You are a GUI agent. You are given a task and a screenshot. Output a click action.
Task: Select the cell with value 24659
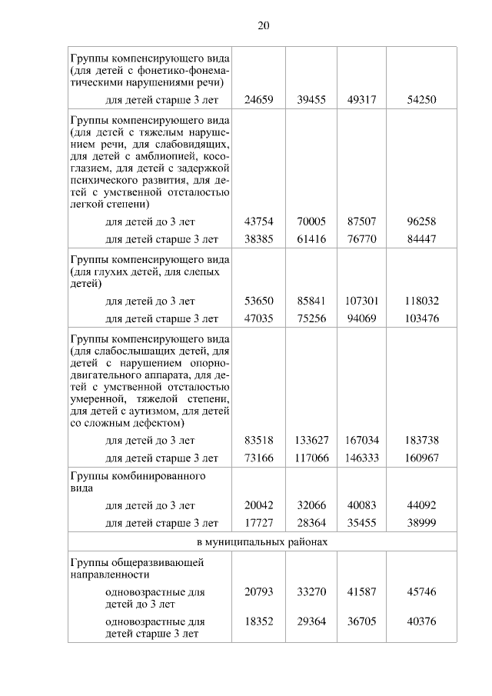(x=258, y=99)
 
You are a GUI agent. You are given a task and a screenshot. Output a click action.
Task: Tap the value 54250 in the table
(x=422, y=99)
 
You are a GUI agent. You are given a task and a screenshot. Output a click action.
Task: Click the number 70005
(x=311, y=221)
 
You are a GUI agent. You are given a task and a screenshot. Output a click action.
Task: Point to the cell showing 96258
(x=422, y=221)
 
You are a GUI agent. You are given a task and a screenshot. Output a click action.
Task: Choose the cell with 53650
(x=258, y=301)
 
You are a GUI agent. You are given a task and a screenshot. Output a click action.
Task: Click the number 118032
(x=422, y=301)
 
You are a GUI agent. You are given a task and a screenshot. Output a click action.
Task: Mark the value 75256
(x=311, y=318)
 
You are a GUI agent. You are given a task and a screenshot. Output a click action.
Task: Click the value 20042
(x=258, y=505)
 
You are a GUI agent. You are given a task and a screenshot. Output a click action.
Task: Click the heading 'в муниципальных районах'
(x=263, y=542)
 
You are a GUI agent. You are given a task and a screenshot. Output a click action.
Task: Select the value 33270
(x=311, y=592)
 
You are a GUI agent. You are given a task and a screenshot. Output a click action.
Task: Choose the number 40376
(x=422, y=621)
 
